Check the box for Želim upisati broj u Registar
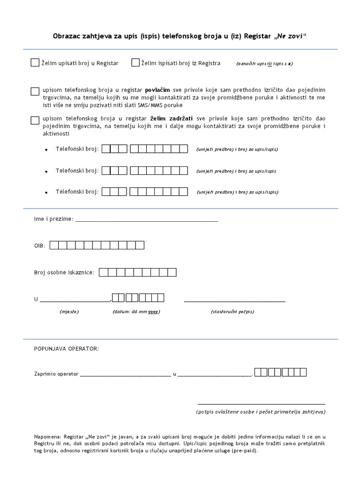tap(35, 63)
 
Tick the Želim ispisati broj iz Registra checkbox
tap(135, 63)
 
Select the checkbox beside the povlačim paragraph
tap(35, 91)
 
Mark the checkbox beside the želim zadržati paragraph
tap(35, 120)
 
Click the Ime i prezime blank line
tap(146, 219)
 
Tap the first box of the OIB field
tap(54, 245)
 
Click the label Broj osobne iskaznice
tap(64, 272)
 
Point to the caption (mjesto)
tap(69, 311)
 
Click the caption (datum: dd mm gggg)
tap(136, 311)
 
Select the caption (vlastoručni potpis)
tap(232, 311)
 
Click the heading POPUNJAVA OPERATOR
tap(66, 349)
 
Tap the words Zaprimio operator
tap(56, 374)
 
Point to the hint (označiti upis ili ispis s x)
tap(265, 64)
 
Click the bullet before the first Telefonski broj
tap(46, 150)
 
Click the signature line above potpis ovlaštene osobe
tap(261, 404)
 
